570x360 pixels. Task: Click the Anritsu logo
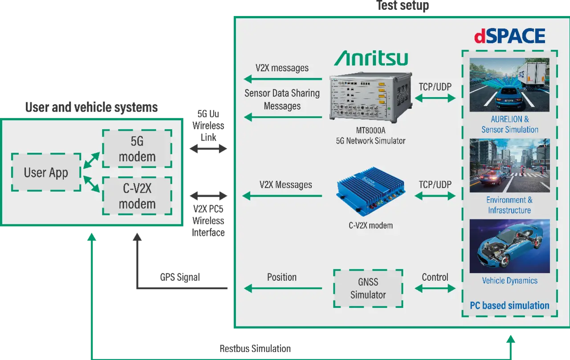pyautogui.click(x=371, y=58)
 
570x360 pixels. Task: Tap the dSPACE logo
pyautogui.click(x=509, y=36)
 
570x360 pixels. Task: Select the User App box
pyautogui.click(x=46, y=172)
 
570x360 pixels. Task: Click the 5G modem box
pyautogui.click(x=137, y=149)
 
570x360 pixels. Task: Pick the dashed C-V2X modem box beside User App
pyautogui.click(x=137, y=196)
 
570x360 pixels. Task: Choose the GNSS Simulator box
pyautogui.click(x=368, y=288)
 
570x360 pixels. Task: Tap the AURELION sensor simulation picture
pyautogui.click(x=509, y=85)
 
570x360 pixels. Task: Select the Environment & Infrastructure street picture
pyautogui.click(x=509, y=166)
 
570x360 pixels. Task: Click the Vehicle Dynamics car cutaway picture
pyautogui.click(x=509, y=246)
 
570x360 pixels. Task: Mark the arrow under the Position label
pyautogui.click(x=283, y=288)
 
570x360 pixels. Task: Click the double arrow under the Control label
pyautogui.click(x=435, y=288)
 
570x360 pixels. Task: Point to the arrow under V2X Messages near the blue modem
pyautogui.click(x=282, y=196)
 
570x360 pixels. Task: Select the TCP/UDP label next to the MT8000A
pyautogui.click(x=435, y=87)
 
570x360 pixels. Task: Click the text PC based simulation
pyautogui.click(x=509, y=306)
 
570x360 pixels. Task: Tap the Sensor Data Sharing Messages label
pyautogui.click(x=282, y=100)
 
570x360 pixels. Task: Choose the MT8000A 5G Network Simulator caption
pyautogui.click(x=370, y=136)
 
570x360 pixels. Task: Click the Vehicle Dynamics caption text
pyautogui.click(x=509, y=281)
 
